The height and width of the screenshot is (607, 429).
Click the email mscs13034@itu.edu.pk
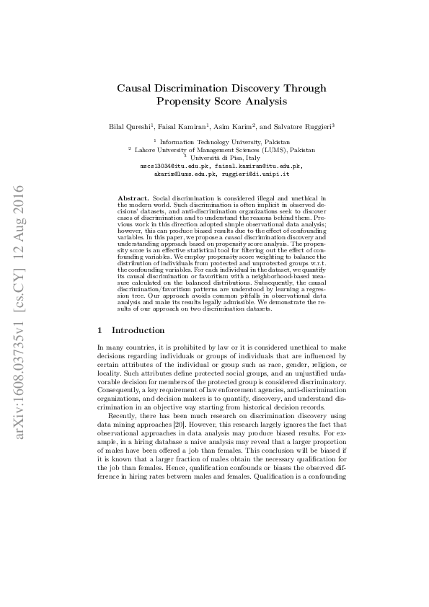[171, 166]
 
